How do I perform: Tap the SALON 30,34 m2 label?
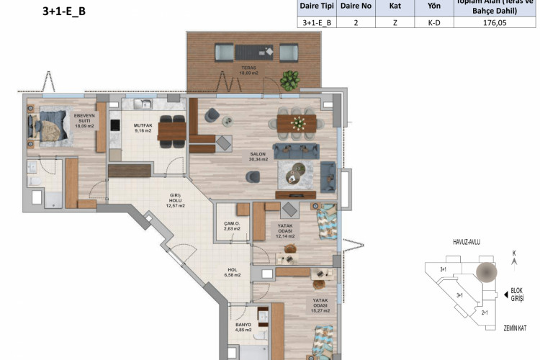258,156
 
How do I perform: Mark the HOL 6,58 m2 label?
233,272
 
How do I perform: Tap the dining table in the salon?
296,121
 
